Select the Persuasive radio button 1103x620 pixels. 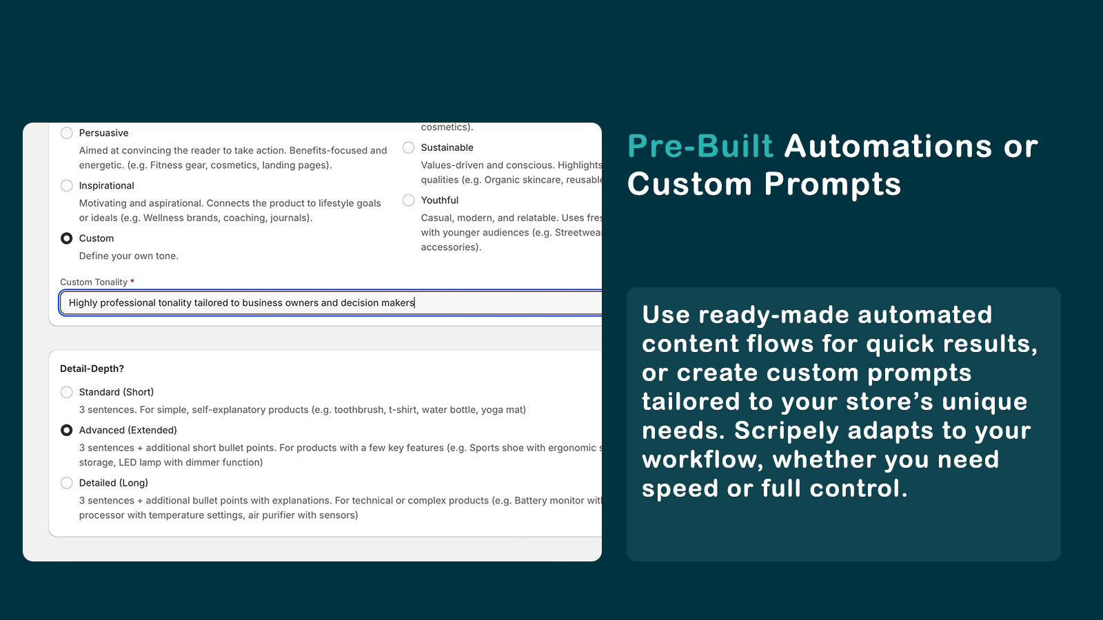[67, 133]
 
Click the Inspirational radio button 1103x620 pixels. [67, 185]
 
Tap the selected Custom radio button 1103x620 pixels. [67, 238]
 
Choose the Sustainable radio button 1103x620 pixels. [409, 147]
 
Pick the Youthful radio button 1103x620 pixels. [409, 200]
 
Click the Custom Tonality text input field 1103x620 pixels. [331, 302]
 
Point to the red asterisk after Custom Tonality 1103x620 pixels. [132, 281]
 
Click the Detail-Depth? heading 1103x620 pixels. [92, 369]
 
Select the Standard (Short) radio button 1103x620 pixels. [67, 392]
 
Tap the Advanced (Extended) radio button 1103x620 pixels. [67, 430]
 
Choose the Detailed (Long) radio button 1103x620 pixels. [67, 483]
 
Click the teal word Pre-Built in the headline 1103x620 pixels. [700, 147]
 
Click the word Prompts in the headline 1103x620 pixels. [832, 185]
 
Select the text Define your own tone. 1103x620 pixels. [128, 256]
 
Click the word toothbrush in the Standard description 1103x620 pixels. [358, 409]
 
